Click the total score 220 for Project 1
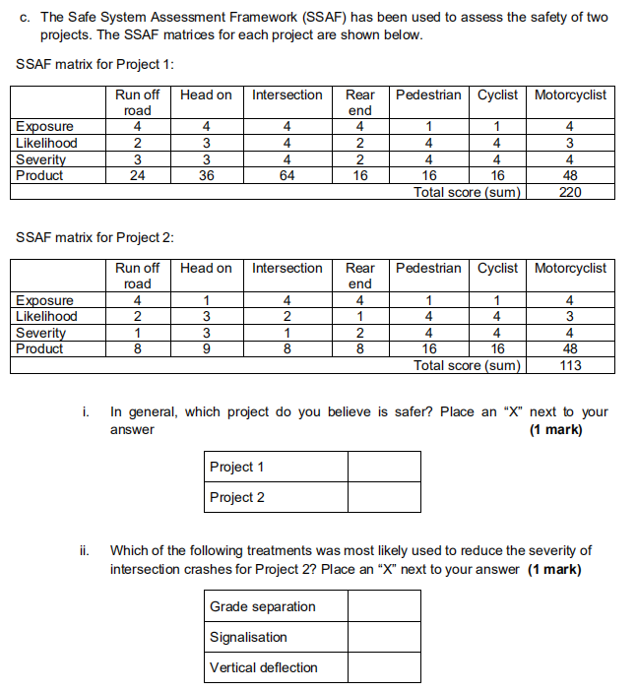click(570, 192)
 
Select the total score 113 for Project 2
click(570, 365)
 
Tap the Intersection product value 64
click(287, 175)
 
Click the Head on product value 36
click(206, 175)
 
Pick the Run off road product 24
click(137, 175)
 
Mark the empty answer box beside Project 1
click(383, 467)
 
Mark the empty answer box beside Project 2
click(383, 497)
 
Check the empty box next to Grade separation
click(383, 606)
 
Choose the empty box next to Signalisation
click(383, 637)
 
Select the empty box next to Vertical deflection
click(383, 667)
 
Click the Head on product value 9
click(206, 348)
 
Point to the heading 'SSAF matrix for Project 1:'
click(96, 65)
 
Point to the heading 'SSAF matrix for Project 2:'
click(96, 238)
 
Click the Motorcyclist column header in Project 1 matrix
click(570, 94)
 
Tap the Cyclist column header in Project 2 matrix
click(497, 268)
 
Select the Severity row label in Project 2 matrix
click(40, 333)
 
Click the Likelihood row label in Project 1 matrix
click(45, 143)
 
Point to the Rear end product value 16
click(360, 175)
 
